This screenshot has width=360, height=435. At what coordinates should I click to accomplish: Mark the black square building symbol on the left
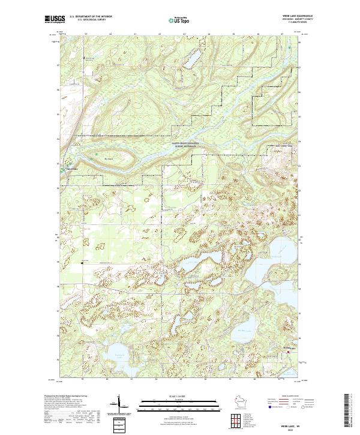pos(83,262)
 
